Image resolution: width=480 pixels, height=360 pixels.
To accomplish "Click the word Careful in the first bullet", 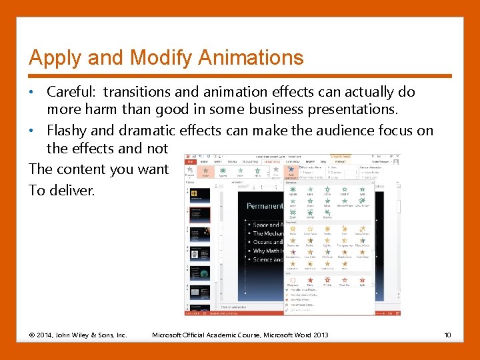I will tap(71, 92).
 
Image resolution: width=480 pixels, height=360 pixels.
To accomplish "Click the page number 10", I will tap(448, 334).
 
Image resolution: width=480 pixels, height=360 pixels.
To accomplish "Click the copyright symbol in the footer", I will tap(32, 334).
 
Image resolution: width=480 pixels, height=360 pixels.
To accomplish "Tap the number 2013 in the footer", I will tap(319, 334).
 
